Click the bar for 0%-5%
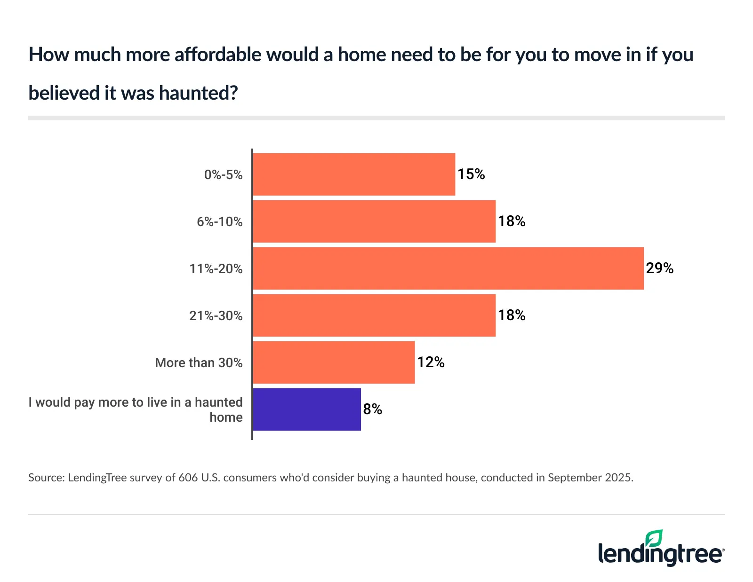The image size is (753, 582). coord(354,174)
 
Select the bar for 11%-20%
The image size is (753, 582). coord(448,268)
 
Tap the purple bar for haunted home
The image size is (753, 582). coord(307,409)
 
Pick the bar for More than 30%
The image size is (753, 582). coord(334,362)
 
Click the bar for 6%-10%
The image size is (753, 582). coord(374,221)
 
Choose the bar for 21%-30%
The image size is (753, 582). coord(374,315)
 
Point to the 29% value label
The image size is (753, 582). coord(659,268)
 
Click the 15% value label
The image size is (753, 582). coord(471,174)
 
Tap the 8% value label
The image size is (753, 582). coord(372,409)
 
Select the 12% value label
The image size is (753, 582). coord(431,362)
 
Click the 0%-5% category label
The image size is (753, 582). coord(223,175)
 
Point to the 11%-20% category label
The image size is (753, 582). coord(216,269)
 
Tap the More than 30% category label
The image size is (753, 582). coord(199,363)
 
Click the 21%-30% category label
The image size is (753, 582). coord(216,316)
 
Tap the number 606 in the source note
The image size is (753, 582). coord(188,478)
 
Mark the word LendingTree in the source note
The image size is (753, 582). coord(97,478)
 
